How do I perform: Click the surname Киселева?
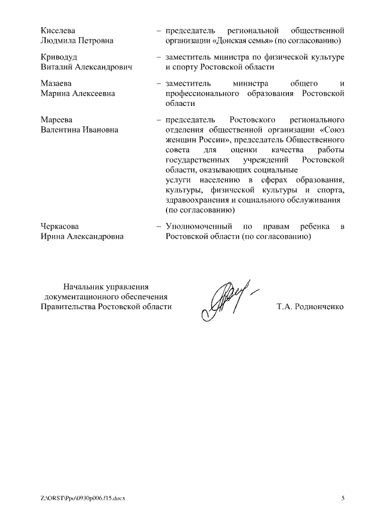coord(59,30)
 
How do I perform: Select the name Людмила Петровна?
coord(77,41)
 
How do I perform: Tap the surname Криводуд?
coord(59,57)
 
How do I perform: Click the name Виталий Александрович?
coord(86,67)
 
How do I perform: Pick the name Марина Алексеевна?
coord(78,93)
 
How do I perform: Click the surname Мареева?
coord(57,119)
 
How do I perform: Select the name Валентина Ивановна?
coord(79,130)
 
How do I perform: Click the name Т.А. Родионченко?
coord(310,306)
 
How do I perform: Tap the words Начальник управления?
coord(106,285)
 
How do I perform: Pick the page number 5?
coord(343,497)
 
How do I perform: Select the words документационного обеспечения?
coord(106,296)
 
